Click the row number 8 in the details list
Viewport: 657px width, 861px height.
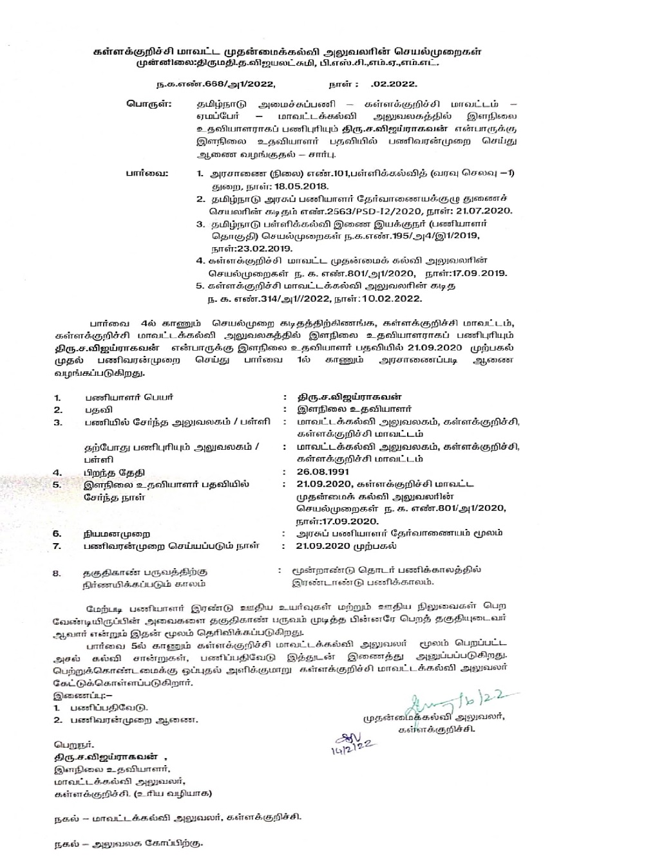57,571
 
